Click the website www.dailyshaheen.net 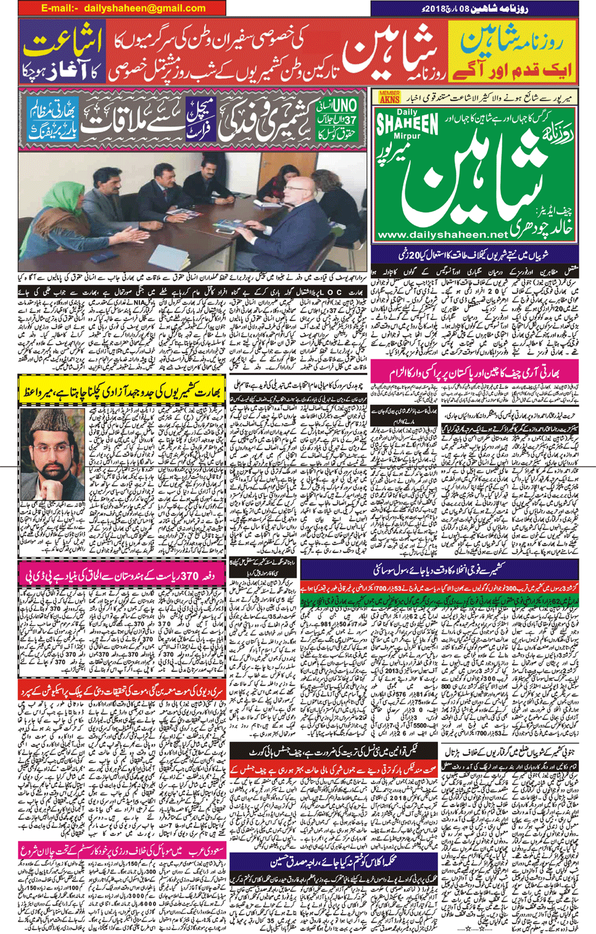pyautogui.click(x=442, y=234)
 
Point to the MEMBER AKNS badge pyautogui.click(x=389, y=97)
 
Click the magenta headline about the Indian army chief pyautogui.click(x=474, y=373)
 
